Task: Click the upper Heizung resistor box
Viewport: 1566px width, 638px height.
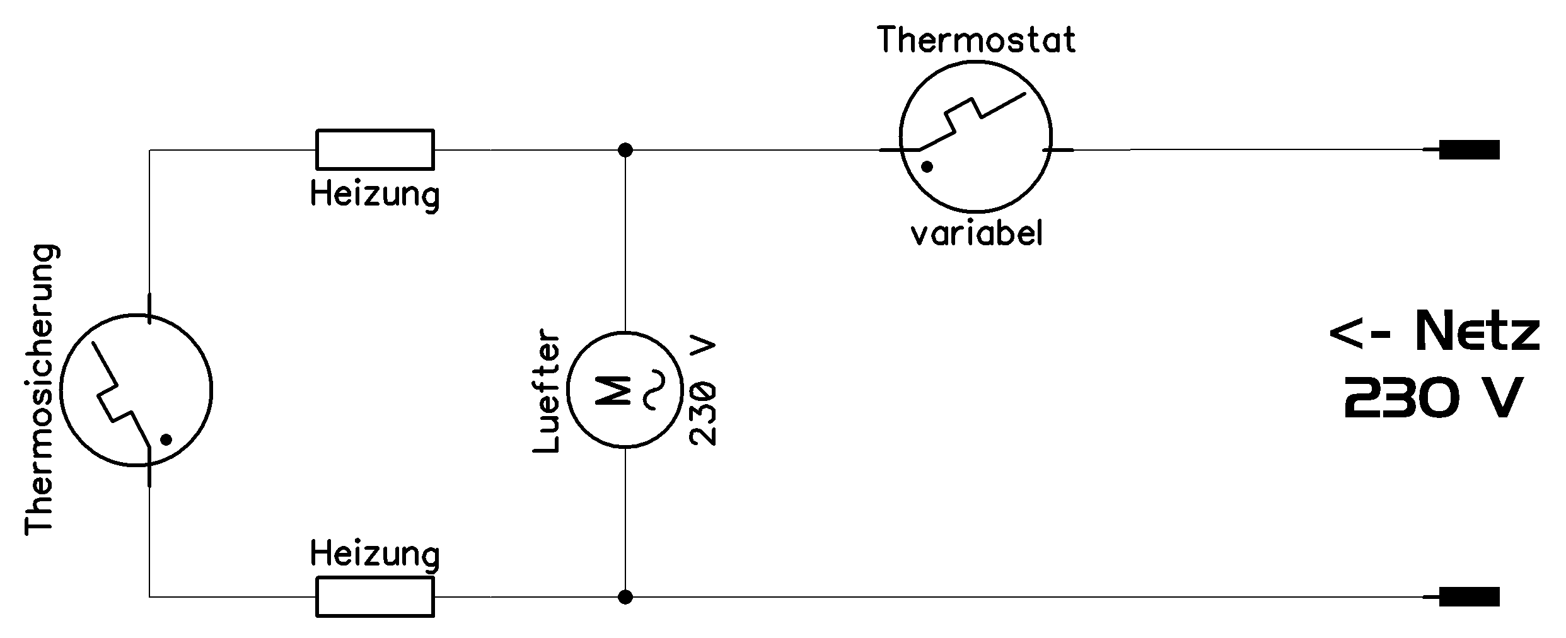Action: click(x=375, y=130)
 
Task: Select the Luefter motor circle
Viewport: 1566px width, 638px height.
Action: click(x=625, y=333)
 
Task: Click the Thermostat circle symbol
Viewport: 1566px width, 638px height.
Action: click(x=975, y=61)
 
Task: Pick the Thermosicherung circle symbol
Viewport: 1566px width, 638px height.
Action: click(x=136, y=315)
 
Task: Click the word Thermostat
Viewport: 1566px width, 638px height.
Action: click(x=977, y=40)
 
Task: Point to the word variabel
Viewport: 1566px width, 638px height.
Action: click(x=977, y=233)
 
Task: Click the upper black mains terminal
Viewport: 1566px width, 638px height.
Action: click(x=1468, y=150)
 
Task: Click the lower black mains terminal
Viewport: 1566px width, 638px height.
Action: click(x=1468, y=596)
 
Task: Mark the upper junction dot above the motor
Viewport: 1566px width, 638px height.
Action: click(x=625, y=150)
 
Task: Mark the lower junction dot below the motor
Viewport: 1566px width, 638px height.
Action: click(x=625, y=596)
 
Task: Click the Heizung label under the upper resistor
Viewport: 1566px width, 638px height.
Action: click(x=375, y=195)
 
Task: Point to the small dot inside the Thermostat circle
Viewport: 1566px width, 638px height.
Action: click(x=927, y=167)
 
